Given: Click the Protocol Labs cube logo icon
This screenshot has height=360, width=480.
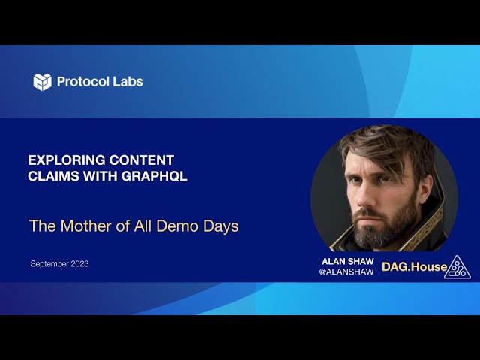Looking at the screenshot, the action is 42,82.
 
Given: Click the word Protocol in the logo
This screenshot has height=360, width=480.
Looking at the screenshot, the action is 83,82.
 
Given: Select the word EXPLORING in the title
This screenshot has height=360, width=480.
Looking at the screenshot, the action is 66,160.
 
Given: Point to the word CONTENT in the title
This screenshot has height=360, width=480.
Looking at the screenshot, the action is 142,160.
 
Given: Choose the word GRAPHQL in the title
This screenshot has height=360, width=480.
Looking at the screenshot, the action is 154,176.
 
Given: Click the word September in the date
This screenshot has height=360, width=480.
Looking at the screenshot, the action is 49,264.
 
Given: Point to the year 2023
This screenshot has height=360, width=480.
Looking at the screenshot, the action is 80,263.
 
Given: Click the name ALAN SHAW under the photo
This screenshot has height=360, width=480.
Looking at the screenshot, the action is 348,261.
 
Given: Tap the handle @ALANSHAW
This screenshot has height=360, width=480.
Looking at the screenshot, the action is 346,271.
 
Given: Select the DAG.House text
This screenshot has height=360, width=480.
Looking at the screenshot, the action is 415,267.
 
